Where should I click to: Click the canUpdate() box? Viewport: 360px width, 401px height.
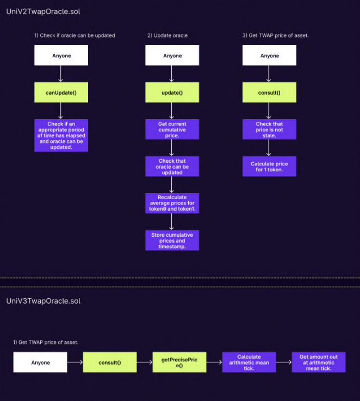point(61,92)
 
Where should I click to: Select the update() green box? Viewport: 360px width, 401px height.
point(172,92)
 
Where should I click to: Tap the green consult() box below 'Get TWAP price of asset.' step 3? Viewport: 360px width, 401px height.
point(269,92)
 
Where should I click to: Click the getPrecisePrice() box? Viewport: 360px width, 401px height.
point(172,362)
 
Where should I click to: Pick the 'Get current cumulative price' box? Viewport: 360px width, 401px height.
point(172,129)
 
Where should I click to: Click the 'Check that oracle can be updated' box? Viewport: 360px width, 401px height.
point(172,166)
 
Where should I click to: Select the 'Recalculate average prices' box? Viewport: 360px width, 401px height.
point(172,203)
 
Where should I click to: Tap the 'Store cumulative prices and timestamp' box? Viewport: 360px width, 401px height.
point(172,240)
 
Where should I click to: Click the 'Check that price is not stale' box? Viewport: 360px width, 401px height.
point(269,129)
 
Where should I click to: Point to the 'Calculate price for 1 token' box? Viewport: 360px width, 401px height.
point(269,166)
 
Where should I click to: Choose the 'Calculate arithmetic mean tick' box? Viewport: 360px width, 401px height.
point(249,362)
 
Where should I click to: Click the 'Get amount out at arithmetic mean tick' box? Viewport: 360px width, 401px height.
point(318,362)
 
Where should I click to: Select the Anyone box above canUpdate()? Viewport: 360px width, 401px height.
point(61,55)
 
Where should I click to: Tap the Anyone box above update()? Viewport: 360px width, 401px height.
point(172,55)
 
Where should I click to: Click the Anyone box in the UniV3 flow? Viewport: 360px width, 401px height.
point(40,362)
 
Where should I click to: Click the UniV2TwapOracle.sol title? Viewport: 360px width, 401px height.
point(43,11)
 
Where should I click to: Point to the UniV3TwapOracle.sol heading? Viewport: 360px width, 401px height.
point(43,301)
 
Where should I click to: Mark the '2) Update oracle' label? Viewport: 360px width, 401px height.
point(167,35)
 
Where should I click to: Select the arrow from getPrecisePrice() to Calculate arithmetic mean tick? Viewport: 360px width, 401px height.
point(214,362)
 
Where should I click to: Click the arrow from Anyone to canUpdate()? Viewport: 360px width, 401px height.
point(61,74)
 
